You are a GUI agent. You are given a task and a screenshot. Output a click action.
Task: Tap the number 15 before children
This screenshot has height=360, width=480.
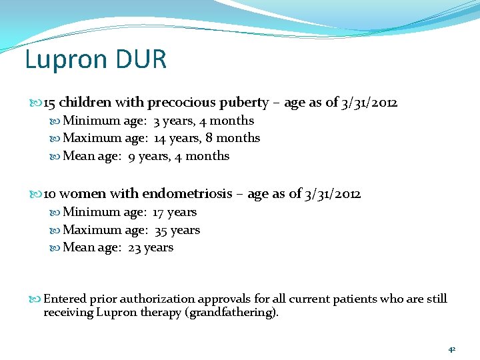coord(49,103)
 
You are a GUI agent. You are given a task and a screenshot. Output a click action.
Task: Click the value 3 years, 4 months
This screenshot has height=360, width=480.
coord(203,121)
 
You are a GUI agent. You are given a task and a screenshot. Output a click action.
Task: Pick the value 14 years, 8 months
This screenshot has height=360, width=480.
coord(207,138)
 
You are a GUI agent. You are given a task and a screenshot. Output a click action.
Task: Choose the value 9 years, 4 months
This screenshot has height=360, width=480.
coord(179,156)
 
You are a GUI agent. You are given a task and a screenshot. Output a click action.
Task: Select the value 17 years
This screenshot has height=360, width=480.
coord(175,212)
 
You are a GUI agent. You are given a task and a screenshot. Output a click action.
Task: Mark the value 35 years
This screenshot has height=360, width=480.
coord(177,230)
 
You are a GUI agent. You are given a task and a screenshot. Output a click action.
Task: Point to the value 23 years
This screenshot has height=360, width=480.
coord(151,247)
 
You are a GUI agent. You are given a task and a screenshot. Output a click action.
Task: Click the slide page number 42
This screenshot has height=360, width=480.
coord(451,349)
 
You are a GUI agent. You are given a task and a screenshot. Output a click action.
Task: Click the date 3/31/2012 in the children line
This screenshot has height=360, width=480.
coord(370,103)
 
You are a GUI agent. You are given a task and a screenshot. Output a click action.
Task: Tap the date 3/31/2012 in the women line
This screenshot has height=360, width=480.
coord(333,194)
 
